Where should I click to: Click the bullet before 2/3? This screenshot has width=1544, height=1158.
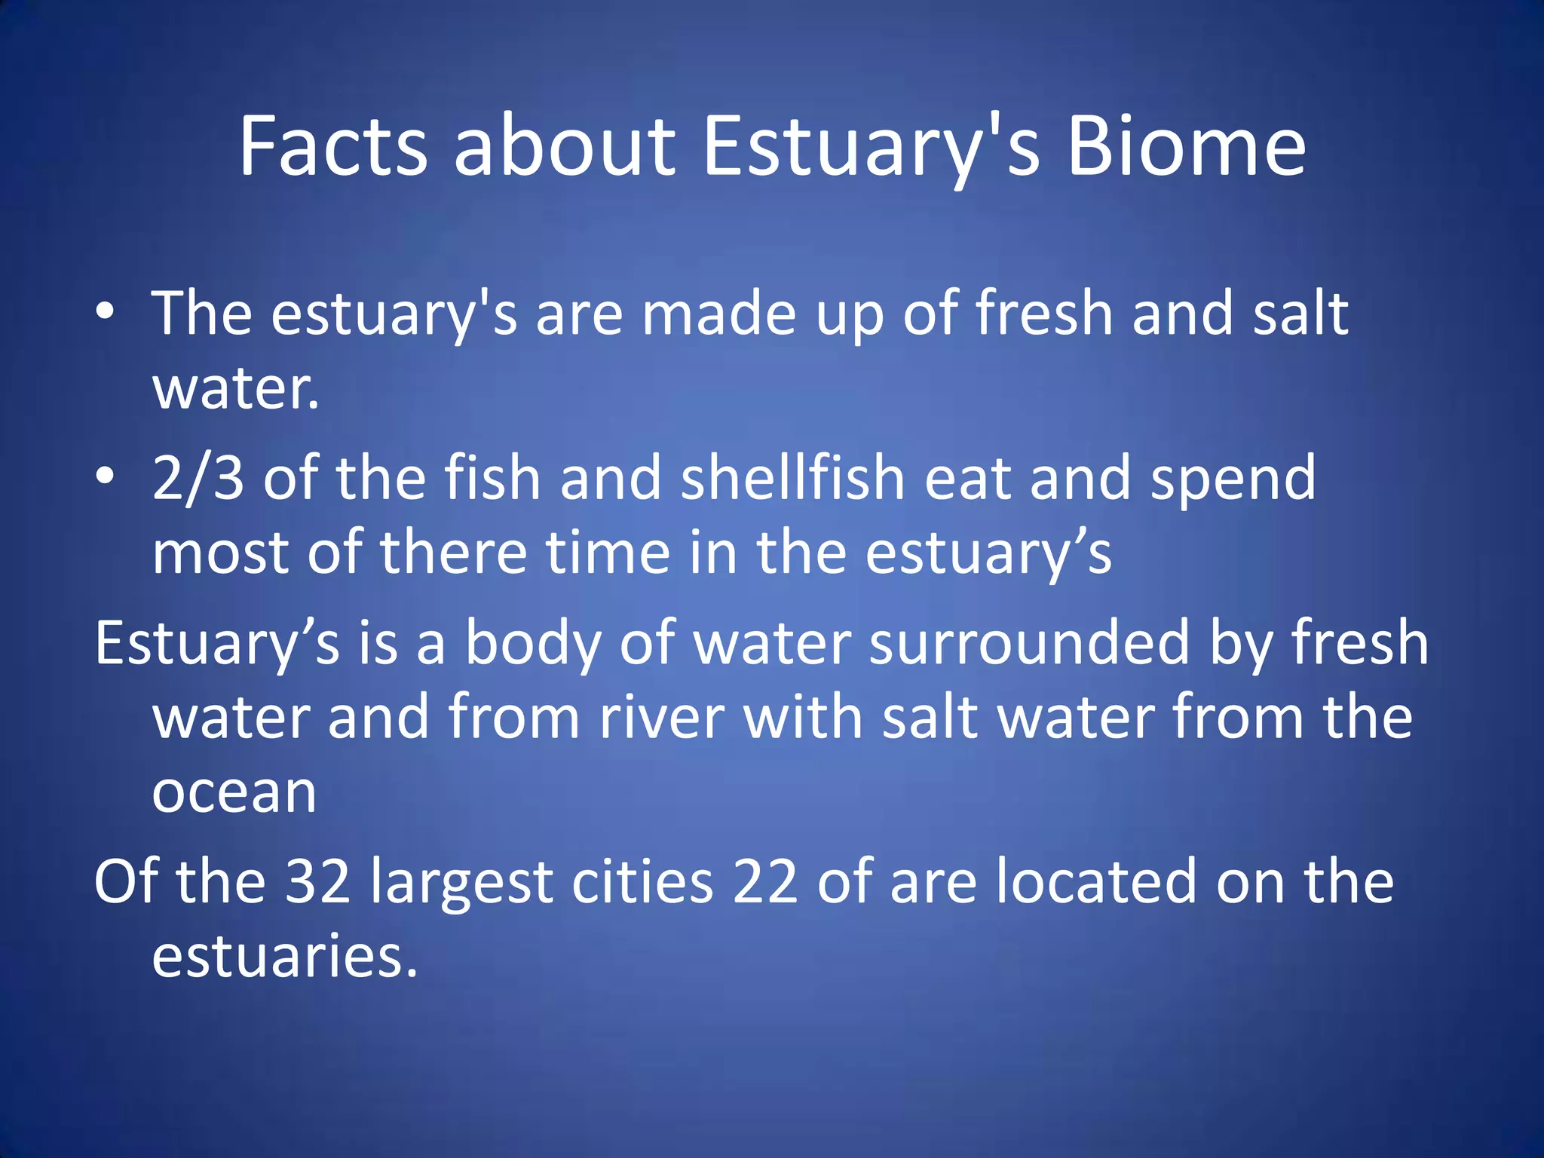coord(105,475)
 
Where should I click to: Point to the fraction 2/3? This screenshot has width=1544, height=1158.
coord(198,479)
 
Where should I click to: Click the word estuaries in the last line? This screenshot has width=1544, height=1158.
coord(284,956)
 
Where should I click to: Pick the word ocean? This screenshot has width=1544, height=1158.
coord(234,793)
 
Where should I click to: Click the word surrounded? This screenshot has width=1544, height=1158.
coord(1028,642)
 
